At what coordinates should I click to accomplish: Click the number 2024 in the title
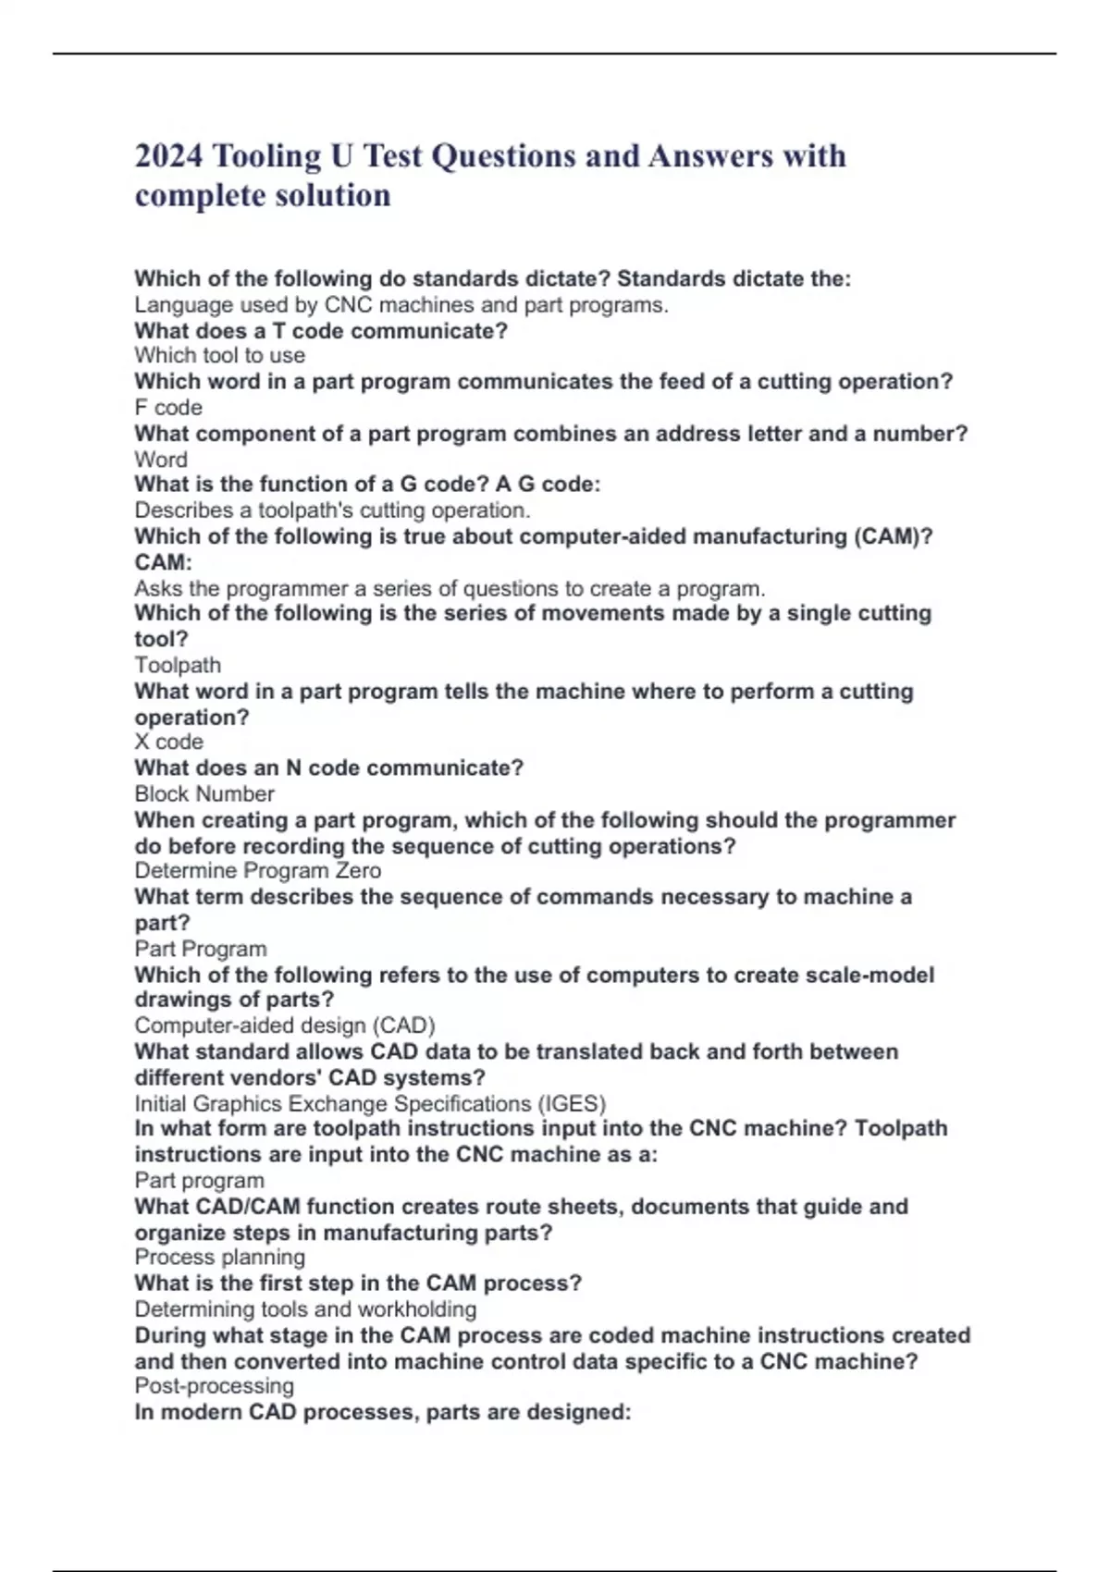168,156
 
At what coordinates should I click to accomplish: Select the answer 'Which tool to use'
219,356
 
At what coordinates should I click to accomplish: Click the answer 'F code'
168,408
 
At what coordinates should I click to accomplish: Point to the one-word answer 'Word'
161,460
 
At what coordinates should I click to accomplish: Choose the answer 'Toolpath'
178,666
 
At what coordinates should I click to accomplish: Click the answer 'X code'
168,742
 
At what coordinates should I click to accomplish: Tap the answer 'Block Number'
203,794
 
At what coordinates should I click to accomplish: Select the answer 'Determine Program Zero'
257,871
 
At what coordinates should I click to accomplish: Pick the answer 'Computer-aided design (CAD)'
284,1025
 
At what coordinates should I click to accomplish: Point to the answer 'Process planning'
219,1258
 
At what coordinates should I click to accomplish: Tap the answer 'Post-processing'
214,1386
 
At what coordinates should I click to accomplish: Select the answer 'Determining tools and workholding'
305,1309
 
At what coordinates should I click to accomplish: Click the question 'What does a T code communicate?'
320,331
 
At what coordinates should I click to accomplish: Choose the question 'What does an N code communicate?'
328,768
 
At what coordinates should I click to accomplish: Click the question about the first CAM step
357,1283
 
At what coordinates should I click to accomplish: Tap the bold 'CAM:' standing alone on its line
163,562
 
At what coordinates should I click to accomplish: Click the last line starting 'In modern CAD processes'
382,1412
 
